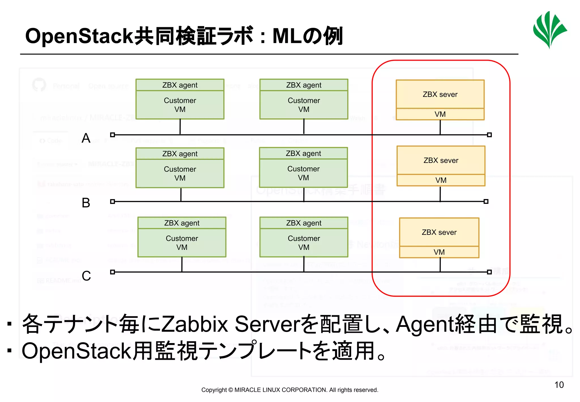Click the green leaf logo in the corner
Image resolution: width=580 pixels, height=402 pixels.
(549, 30)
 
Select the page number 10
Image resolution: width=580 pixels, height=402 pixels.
(559, 385)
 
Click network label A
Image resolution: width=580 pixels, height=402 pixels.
(86, 138)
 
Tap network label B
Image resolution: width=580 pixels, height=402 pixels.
(86, 203)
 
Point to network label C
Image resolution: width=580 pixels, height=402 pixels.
(86, 276)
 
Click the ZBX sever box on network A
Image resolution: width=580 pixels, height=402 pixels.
(440, 94)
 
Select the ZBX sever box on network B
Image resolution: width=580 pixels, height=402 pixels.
(441, 160)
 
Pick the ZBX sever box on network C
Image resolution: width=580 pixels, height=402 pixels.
(439, 232)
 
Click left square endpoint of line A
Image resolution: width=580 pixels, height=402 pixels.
(112, 135)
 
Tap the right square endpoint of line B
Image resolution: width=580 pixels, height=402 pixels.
(486, 202)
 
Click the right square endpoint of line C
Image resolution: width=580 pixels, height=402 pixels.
(489, 272)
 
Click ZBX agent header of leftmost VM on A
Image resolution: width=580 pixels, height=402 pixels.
(180, 85)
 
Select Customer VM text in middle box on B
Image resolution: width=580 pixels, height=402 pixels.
(303, 173)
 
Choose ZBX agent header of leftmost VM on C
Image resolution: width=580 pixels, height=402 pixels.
(182, 223)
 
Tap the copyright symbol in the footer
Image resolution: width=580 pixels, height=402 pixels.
(231, 390)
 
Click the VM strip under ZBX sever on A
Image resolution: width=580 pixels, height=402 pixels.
(440, 114)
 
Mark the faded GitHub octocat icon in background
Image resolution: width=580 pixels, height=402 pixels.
(39, 84)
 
